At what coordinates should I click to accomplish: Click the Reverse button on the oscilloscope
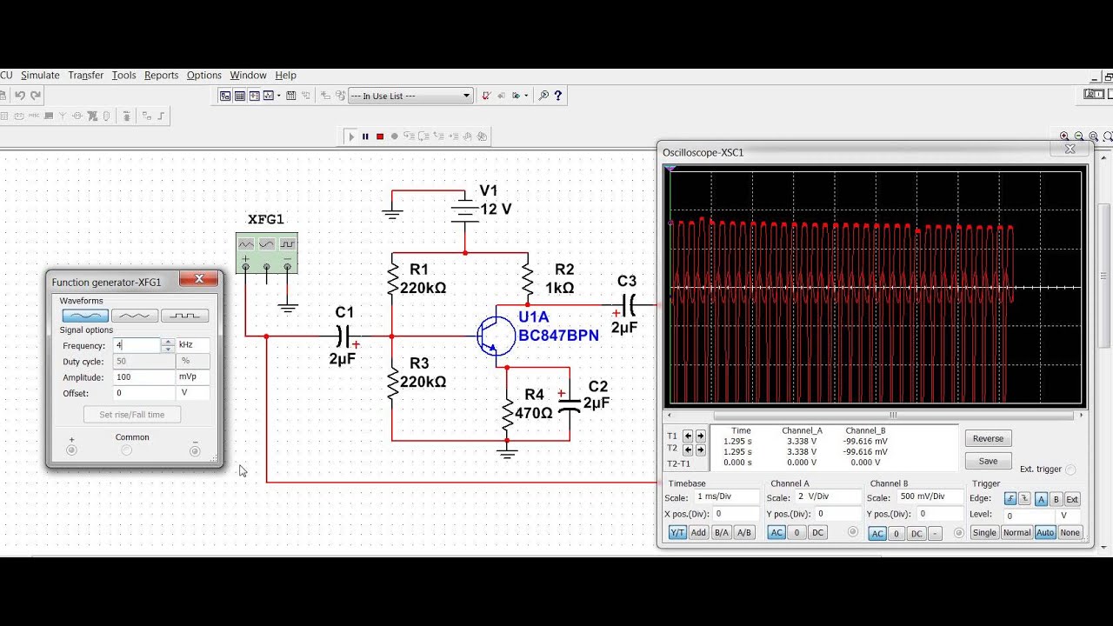[x=988, y=438]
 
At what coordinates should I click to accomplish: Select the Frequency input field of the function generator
[x=137, y=345]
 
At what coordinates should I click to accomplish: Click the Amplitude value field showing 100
[x=143, y=377]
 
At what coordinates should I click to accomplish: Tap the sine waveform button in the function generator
[x=85, y=316]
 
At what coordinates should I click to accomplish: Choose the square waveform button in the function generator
[x=184, y=316]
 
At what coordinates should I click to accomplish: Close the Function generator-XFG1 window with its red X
[x=199, y=279]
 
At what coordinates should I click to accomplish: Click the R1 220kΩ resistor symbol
[x=392, y=278]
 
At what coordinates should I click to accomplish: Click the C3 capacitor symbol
[x=628, y=305]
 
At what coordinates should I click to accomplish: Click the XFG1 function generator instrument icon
[x=266, y=253]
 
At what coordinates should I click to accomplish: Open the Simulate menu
[x=40, y=76]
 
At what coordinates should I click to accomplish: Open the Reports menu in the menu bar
[x=161, y=76]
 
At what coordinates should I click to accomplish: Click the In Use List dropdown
[x=410, y=96]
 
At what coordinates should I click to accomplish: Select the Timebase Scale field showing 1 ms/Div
[x=726, y=496]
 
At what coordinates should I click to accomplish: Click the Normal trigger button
[x=1016, y=533]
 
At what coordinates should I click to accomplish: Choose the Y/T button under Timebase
[x=677, y=533]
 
